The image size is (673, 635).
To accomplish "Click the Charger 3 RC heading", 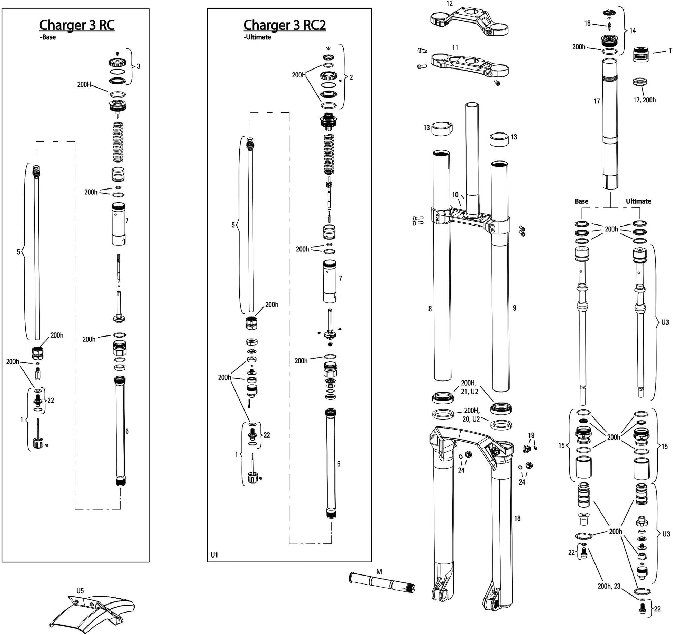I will [x=77, y=25].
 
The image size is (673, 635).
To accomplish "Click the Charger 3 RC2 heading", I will [x=284, y=25].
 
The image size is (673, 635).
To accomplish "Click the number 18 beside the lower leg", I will [x=517, y=518].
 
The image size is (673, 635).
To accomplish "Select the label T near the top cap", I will [x=670, y=51].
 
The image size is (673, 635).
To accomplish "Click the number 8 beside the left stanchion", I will [x=430, y=309].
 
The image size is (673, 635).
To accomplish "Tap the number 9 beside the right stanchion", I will [x=514, y=308].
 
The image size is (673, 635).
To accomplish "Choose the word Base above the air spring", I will [x=581, y=201].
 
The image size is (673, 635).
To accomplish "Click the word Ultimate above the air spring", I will [x=638, y=201].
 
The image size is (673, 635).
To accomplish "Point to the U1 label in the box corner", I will [x=214, y=555].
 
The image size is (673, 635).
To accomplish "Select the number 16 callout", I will [x=587, y=23].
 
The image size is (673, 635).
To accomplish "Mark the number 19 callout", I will [x=531, y=435].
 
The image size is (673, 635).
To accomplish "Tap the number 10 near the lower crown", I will [x=455, y=195].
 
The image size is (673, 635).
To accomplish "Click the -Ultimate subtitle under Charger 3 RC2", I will [x=257, y=37].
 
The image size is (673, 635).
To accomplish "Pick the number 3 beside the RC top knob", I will [x=139, y=66].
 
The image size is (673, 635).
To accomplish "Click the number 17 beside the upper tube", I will [x=597, y=101].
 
